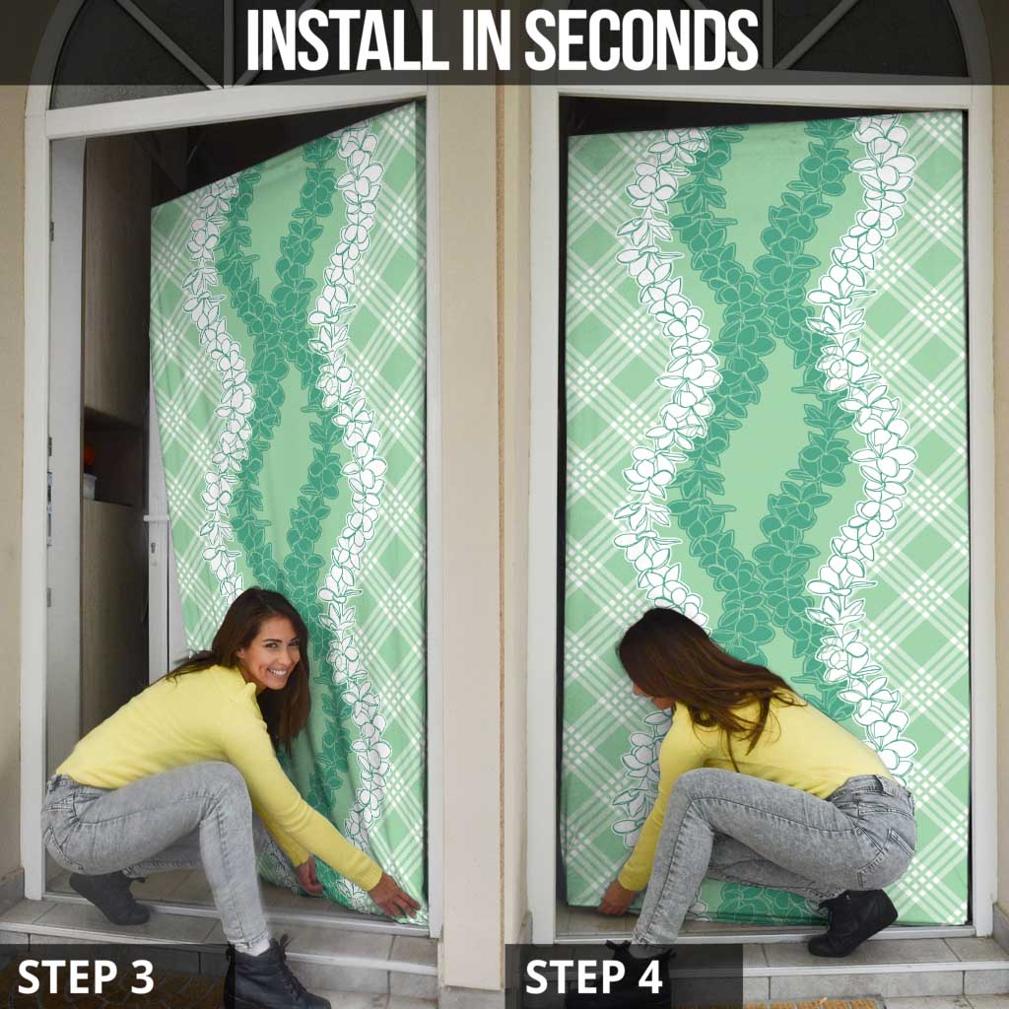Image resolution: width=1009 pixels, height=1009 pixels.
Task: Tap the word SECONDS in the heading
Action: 641,39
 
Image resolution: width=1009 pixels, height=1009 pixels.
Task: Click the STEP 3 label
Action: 86,976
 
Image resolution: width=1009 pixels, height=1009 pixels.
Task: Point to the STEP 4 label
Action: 593,976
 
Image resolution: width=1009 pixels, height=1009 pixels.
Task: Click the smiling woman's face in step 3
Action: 272,651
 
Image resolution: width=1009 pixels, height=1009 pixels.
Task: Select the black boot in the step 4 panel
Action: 852,921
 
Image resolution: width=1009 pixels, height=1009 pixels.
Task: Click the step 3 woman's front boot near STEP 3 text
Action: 267,975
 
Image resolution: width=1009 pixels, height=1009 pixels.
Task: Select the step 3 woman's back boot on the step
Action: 109,897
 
